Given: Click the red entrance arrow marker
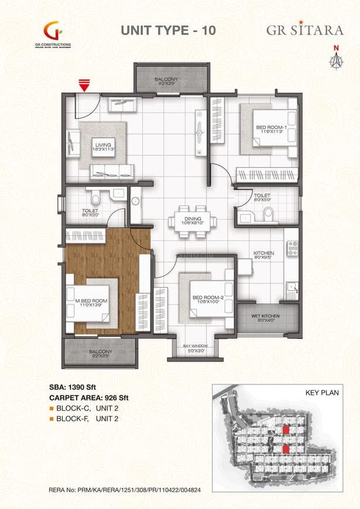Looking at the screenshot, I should point(85,87).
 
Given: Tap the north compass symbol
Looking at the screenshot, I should point(336,58).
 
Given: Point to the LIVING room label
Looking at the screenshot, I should point(105,146).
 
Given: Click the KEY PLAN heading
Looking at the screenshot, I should point(323,394).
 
